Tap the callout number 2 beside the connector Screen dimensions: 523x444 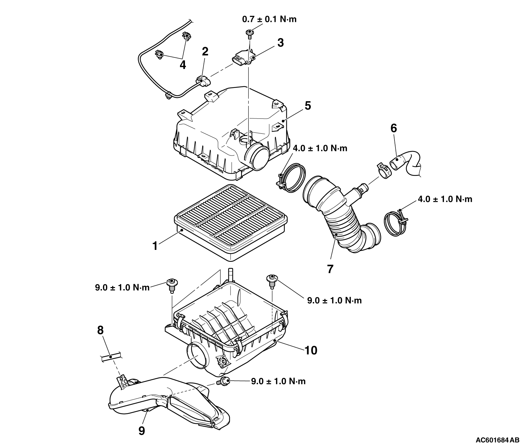pyautogui.click(x=205, y=51)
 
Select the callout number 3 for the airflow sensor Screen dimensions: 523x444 pyautogui.click(x=280, y=43)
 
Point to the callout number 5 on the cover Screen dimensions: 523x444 pyautogui.click(x=308, y=106)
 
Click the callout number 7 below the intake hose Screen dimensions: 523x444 pyautogui.click(x=330, y=269)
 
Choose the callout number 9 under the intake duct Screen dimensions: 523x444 pyautogui.click(x=142, y=431)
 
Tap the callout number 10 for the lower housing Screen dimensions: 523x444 pyautogui.click(x=311, y=350)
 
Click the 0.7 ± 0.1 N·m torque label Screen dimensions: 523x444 pyautogui.click(x=269, y=19)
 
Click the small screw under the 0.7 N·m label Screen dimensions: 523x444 pyautogui.click(x=249, y=34)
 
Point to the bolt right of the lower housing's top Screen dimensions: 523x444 pyautogui.click(x=272, y=281)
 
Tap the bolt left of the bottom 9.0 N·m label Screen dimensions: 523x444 pyautogui.click(x=223, y=382)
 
